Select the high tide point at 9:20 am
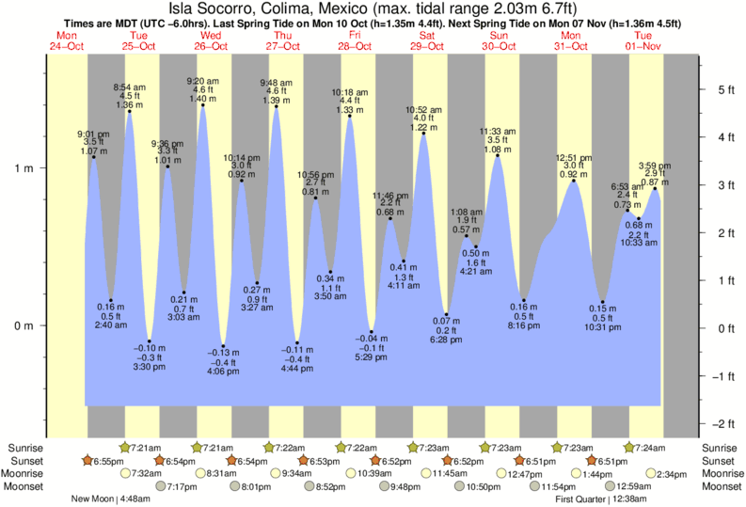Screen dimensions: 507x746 [202, 104]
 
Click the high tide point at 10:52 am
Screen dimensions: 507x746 [424, 134]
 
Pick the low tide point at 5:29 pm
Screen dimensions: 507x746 [372, 332]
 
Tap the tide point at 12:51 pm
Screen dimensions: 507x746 [574, 180]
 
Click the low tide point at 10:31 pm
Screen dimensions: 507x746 [602, 302]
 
